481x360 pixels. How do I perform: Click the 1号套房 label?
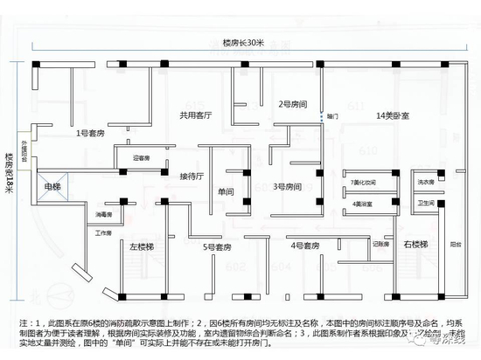point(90,133)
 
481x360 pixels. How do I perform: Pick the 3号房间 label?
point(287,186)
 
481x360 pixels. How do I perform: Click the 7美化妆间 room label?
point(362,183)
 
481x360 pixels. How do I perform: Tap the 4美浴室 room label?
point(362,204)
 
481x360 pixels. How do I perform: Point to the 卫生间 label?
point(426,202)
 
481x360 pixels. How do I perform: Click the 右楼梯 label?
point(416,246)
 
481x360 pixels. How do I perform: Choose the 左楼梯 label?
point(134,247)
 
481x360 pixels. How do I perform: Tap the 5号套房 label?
point(216,247)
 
